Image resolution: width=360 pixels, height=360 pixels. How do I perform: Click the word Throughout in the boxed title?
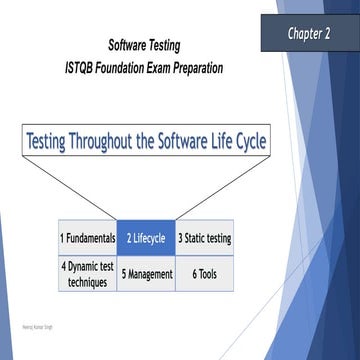coord(112,140)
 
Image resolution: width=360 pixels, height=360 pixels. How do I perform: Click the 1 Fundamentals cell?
coord(87,238)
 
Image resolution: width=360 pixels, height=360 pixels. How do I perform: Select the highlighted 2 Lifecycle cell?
coord(146,238)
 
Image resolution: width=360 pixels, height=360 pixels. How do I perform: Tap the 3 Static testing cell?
coord(204,238)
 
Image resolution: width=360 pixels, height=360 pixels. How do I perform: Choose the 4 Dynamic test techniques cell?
coord(87,273)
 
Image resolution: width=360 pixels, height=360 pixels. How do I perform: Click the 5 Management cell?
coord(146,273)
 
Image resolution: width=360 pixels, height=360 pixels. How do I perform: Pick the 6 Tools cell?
coord(204,273)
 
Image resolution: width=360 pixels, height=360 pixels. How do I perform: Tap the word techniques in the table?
coord(87,281)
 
